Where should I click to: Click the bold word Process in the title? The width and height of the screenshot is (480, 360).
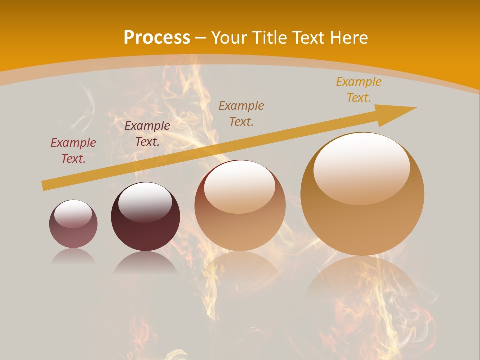[157, 38]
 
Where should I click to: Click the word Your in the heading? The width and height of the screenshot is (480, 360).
[229, 38]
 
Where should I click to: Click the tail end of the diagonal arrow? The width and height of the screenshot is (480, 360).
[45, 185]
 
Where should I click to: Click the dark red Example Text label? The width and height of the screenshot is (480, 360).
[73, 151]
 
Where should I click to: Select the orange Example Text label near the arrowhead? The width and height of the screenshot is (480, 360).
[358, 90]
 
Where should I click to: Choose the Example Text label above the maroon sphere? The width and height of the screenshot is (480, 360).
[147, 134]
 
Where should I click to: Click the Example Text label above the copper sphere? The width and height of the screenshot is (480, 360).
[241, 113]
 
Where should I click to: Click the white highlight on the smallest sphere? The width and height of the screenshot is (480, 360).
[73, 214]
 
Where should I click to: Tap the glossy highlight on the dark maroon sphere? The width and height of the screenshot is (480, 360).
[145, 202]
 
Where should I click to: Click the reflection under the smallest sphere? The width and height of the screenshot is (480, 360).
[73, 256]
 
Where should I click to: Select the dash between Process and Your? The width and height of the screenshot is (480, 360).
[200, 38]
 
